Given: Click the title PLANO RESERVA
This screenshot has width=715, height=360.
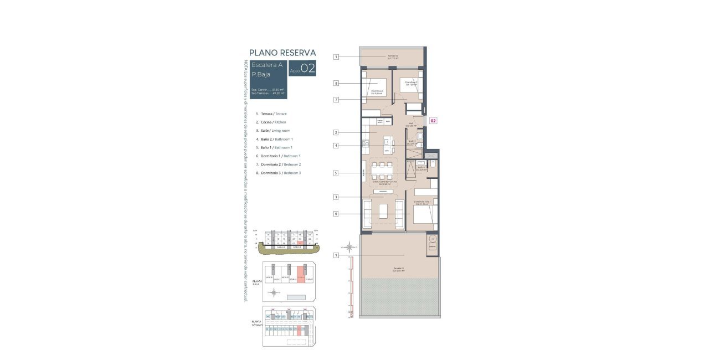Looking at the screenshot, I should [x=282, y=53].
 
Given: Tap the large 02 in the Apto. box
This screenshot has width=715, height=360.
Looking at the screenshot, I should [x=308, y=69].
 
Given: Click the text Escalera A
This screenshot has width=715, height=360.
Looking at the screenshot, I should [x=267, y=65].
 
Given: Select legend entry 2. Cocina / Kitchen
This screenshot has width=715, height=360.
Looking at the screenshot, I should [x=271, y=122].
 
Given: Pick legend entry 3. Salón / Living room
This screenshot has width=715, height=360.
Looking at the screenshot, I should [x=272, y=131].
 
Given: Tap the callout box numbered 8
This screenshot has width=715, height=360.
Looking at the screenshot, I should [x=336, y=84].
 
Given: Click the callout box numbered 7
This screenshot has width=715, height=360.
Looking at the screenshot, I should [x=336, y=100].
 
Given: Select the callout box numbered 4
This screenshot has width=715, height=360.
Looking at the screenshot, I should [x=336, y=146].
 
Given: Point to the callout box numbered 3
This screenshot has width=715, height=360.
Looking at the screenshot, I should [x=336, y=197].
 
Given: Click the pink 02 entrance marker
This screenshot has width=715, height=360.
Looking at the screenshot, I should [x=434, y=120].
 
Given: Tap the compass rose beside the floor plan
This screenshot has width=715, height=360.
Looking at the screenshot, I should [x=349, y=248].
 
